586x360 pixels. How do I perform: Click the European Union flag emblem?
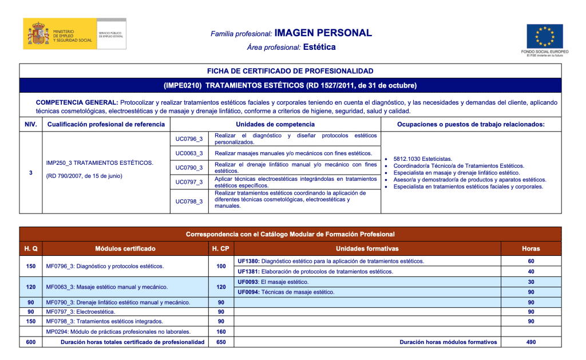(544, 37)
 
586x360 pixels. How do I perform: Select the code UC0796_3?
(189, 139)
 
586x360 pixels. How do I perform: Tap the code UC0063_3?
(189, 153)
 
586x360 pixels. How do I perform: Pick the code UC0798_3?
(189, 201)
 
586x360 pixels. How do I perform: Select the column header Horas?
(530, 248)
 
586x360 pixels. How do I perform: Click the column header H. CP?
(220, 248)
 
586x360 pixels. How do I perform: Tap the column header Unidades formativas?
(367, 248)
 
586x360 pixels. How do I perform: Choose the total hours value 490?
(530, 342)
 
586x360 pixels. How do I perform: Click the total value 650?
(220, 342)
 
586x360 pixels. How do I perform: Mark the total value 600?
(30, 342)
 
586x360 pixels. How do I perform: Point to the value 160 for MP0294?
(220, 331)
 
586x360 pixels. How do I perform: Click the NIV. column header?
(30, 124)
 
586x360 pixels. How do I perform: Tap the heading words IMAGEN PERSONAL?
(323, 33)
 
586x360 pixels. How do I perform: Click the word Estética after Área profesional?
(319, 47)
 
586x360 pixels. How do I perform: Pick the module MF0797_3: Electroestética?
(81, 311)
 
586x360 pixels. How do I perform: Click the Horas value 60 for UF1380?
(530, 261)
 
